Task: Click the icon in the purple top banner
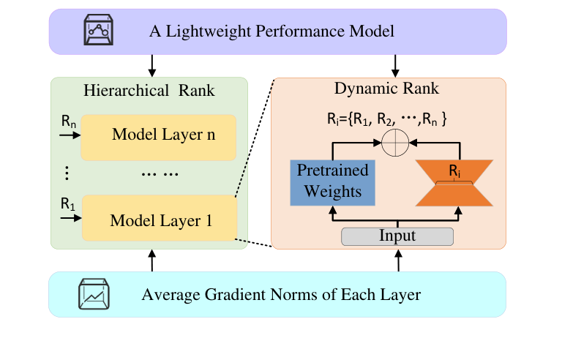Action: click(97, 30)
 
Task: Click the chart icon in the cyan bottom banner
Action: click(94, 294)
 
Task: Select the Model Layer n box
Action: click(159, 137)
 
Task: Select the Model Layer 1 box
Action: click(159, 218)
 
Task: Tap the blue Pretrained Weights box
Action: click(332, 181)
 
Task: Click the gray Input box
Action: click(398, 236)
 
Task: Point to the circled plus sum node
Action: click(396, 143)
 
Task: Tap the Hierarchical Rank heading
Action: click(150, 91)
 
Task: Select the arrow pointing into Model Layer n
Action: click(70, 137)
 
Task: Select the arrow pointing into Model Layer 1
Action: click(70, 217)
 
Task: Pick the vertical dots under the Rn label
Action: click(67, 173)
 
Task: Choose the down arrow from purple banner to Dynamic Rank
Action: click(396, 66)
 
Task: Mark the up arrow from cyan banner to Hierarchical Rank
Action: click(151, 260)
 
